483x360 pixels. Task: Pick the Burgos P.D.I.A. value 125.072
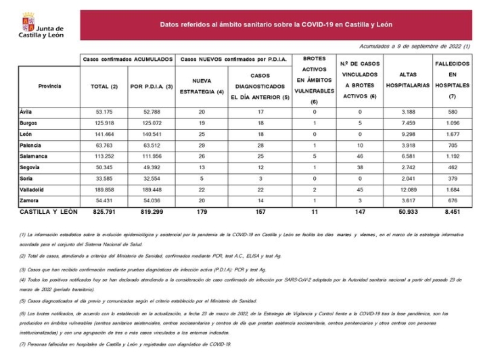[x=150, y=123]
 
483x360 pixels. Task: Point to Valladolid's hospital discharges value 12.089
[x=407, y=189]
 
